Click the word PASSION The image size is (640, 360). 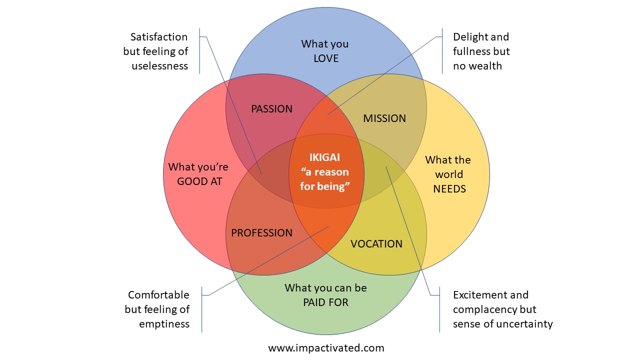tap(271, 109)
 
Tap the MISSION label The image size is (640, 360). tap(384, 118)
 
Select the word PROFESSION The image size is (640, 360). tap(261, 233)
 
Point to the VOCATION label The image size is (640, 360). tap(376, 244)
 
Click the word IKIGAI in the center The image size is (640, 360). tap(324, 157)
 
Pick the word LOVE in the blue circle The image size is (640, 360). tap(326, 58)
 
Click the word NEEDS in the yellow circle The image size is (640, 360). tap(449, 189)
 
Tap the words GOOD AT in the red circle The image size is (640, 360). tap(199, 181)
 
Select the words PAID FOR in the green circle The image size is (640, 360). tap(325, 302)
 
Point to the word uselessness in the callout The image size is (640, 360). tap(160, 66)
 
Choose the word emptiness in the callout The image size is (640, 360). tap(164, 324)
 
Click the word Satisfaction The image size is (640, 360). tap(159, 37)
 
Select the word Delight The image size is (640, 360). tap(467, 37)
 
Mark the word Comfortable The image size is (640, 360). tap(158, 295)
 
